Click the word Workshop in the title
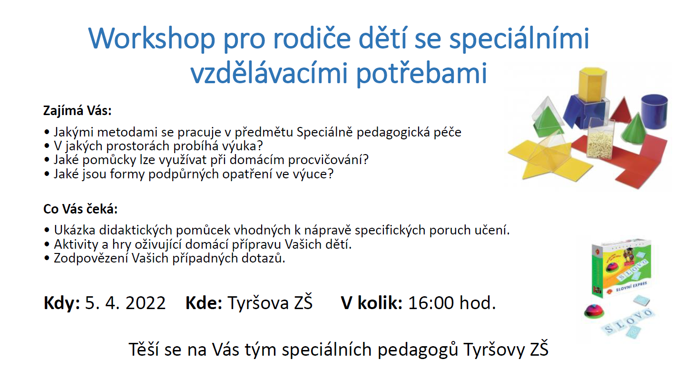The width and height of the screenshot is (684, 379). click(x=152, y=38)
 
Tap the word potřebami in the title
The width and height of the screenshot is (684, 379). click(x=421, y=74)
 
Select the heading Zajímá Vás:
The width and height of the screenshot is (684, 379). click(x=77, y=111)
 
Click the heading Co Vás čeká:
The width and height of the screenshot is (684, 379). click(x=80, y=209)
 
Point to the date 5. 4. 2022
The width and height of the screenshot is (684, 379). click(x=125, y=303)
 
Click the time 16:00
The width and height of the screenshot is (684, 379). click(x=431, y=303)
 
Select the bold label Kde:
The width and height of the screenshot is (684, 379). click(x=204, y=303)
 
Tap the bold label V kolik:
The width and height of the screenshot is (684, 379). click(x=371, y=303)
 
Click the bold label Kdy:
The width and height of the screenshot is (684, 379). click(x=62, y=303)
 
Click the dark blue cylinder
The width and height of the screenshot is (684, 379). click(x=654, y=111)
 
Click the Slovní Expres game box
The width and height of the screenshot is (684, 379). click(x=621, y=268)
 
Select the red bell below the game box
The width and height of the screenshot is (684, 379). click(x=594, y=311)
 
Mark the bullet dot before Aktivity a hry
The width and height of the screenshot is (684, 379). click(x=47, y=244)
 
